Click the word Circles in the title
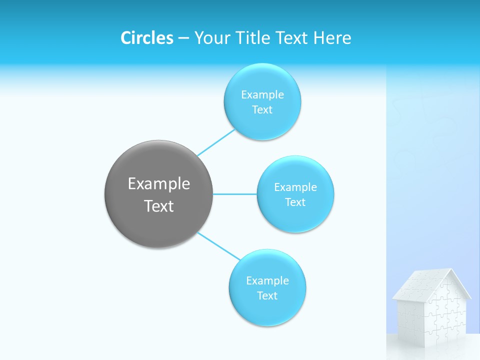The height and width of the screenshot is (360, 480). click(x=146, y=38)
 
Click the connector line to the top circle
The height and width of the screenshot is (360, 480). click(x=215, y=142)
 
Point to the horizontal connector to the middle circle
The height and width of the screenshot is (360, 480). click(x=234, y=194)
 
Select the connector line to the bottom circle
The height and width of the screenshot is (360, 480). click(x=218, y=246)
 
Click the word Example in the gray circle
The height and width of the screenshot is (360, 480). click(x=158, y=184)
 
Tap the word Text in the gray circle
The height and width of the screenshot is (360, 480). click(x=158, y=206)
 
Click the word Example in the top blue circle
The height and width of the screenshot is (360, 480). click(x=262, y=95)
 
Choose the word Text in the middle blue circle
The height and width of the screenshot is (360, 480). click(x=295, y=202)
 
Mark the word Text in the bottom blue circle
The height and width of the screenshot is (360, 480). click(x=267, y=296)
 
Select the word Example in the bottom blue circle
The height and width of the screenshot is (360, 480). click(x=267, y=281)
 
